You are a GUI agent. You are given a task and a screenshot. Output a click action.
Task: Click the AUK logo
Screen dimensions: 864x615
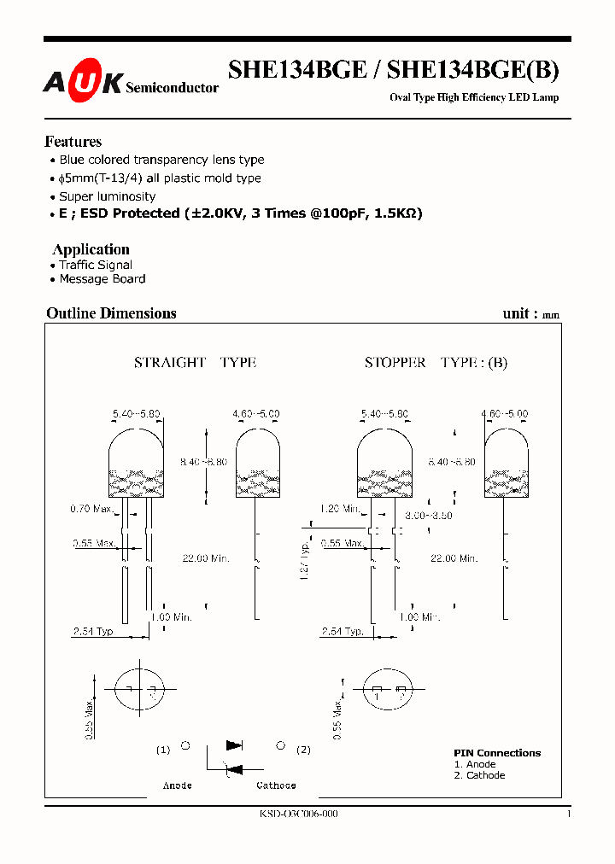point(83,82)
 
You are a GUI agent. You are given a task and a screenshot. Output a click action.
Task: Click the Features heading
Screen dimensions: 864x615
point(73,142)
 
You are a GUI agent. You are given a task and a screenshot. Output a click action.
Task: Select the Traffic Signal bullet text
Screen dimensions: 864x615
point(95,266)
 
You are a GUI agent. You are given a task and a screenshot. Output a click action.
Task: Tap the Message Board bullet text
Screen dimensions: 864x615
point(102,279)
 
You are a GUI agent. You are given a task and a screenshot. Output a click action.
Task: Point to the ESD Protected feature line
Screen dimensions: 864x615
point(240,213)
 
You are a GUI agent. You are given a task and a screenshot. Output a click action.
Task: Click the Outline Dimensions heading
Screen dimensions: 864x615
point(111,313)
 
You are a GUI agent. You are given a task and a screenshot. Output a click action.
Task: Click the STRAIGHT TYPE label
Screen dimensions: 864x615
point(195,363)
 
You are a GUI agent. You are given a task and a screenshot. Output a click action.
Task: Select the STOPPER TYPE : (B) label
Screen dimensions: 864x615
point(436,363)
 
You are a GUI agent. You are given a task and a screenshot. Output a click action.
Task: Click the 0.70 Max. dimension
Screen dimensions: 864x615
point(91,510)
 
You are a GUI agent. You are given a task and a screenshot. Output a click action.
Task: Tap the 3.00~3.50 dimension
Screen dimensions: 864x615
point(428,516)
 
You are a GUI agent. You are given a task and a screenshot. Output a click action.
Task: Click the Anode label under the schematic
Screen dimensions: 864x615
point(178,785)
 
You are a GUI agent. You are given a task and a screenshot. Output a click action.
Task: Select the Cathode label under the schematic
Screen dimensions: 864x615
point(276,785)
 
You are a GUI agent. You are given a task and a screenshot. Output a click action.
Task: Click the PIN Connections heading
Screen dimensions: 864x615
point(496,753)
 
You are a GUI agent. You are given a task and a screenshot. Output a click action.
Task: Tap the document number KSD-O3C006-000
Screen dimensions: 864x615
point(298,814)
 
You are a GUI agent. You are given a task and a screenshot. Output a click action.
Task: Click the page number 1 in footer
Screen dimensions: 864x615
point(568,814)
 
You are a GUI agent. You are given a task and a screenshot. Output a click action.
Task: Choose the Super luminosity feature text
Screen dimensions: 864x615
point(107,196)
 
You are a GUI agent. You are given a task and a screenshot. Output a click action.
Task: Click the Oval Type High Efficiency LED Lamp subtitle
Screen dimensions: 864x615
point(474,97)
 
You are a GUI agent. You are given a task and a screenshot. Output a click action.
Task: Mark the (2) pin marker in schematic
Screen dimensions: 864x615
point(303,750)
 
